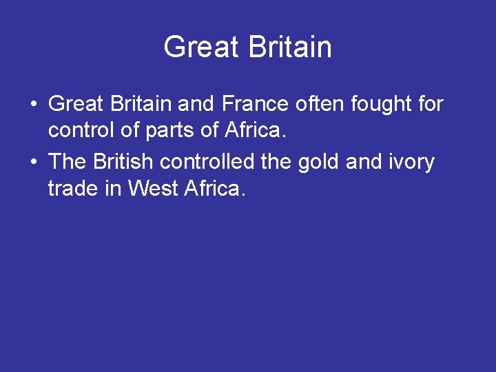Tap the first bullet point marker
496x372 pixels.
pos(33,105)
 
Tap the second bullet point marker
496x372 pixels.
pos(33,163)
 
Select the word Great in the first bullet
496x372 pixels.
pos(75,105)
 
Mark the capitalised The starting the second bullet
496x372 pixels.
pos(67,163)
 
